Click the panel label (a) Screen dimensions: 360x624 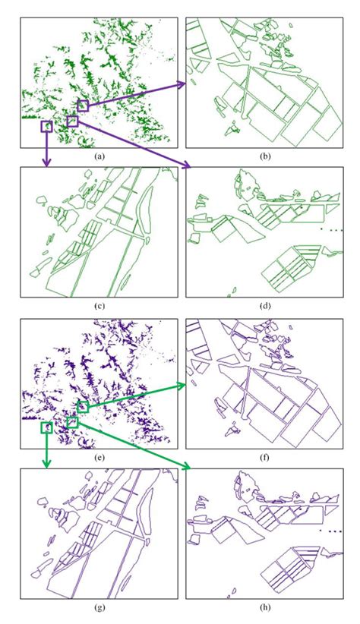pos(99,156)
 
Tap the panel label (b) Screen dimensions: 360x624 pos(265,156)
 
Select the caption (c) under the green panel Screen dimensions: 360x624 pos(99,306)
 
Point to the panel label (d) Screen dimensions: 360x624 pos(265,306)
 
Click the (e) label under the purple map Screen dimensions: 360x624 pos(99,458)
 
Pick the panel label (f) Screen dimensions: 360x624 pos(265,458)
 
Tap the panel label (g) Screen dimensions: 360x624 pos(99,607)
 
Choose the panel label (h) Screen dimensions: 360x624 pos(265,607)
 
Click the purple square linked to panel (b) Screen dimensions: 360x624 pos(83,106)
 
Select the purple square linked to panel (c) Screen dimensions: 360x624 pos(47,127)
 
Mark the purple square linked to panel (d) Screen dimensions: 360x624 pos(72,121)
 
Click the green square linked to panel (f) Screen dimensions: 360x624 pos(83,407)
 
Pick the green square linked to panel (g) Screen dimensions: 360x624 pos(47,428)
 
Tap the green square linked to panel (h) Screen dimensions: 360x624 pos(72,422)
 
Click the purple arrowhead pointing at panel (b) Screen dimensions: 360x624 pos(182,84)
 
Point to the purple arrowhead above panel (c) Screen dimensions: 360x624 pos(47,162)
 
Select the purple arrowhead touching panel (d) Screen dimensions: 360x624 pos(187,167)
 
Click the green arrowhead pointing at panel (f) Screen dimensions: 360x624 pos(182,385)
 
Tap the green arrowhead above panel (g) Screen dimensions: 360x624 pos(47,464)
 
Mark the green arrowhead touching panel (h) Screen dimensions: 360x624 pos(187,468)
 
